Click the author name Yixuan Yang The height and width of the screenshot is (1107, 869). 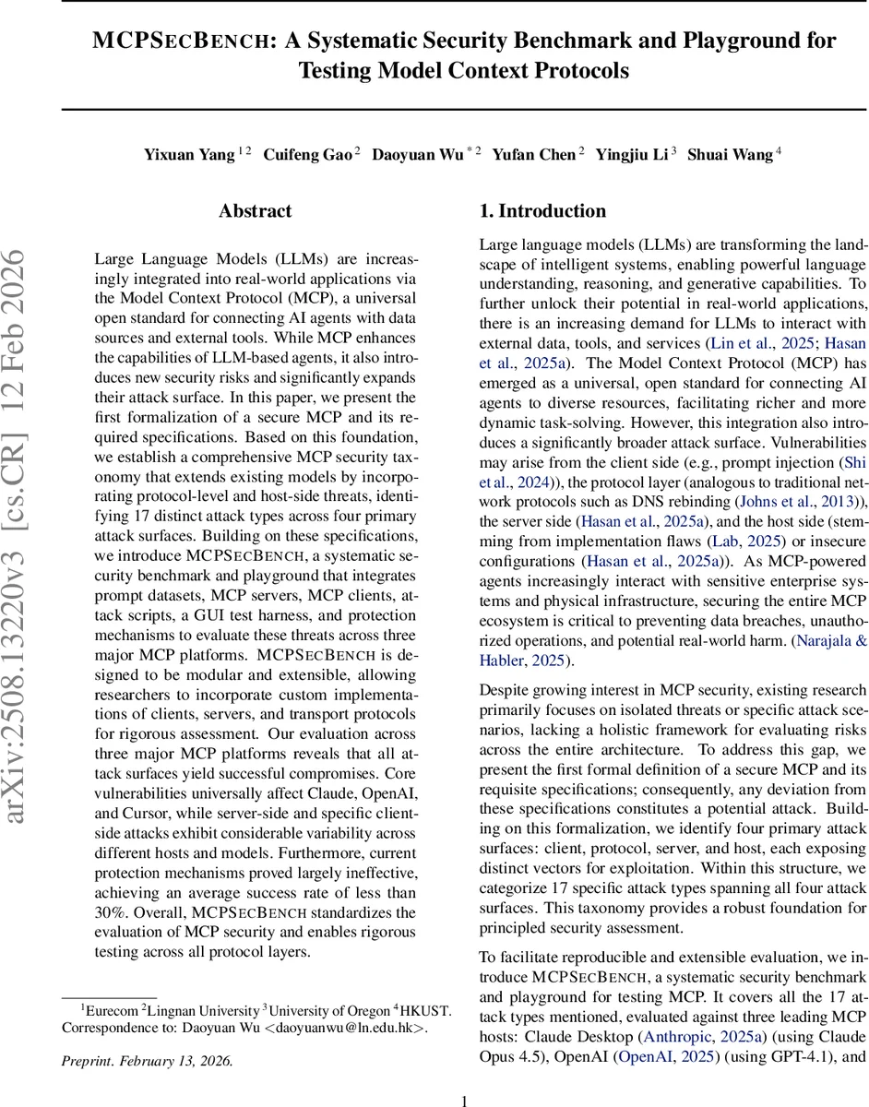point(189,155)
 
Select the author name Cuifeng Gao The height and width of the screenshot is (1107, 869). point(308,155)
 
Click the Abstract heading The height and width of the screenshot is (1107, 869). point(256,211)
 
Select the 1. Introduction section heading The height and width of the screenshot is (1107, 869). point(542,211)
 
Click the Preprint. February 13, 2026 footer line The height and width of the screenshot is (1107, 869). point(148,1060)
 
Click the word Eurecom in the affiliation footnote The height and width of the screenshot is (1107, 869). point(111,1010)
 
